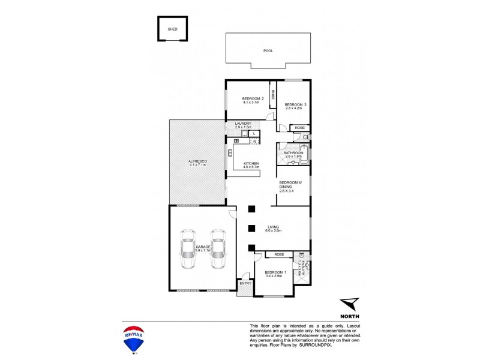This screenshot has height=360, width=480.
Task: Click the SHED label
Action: [173, 28]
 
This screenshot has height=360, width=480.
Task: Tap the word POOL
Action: [268, 51]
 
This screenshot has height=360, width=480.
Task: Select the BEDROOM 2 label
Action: [253, 98]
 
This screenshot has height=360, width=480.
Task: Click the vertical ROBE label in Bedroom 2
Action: [272, 95]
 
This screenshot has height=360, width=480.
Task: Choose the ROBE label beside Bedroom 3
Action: [300, 128]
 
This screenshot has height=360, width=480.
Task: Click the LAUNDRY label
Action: [243, 124]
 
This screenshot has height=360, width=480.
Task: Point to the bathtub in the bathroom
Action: [304, 148]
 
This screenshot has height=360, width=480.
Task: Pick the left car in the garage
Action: [188, 251]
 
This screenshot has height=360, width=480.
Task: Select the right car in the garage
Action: [217, 251]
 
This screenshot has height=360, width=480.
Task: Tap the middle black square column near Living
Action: [252, 229]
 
